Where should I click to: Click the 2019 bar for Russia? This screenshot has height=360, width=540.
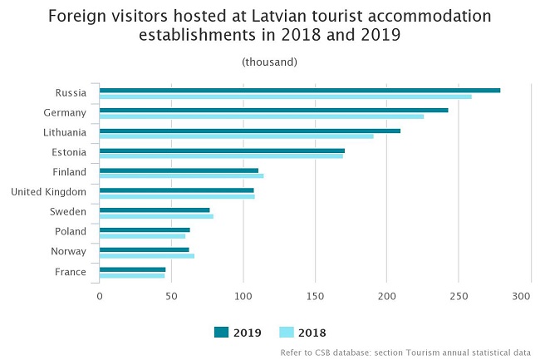tap(299, 90)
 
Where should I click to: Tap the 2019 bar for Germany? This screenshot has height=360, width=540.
tap(273, 110)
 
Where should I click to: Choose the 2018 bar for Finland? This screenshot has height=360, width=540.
tap(181, 176)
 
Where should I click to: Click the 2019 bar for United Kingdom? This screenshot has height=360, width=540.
tap(176, 190)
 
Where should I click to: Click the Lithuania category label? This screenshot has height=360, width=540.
tap(65, 132)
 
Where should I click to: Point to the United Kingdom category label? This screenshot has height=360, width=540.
tap(48, 192)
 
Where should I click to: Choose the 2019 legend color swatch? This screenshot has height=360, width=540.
tap(221, 333)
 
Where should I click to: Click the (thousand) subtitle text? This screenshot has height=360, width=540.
tap(269, 62)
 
